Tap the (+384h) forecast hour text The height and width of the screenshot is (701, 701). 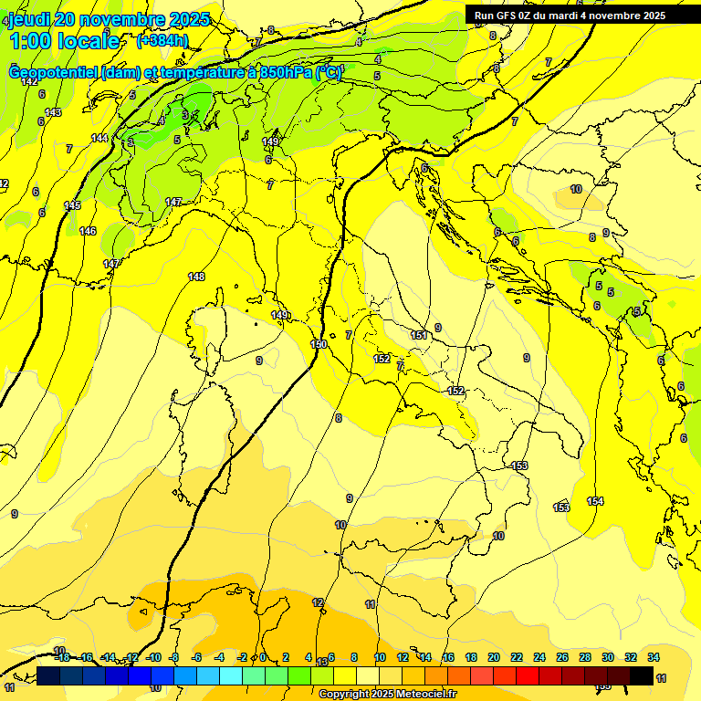tap(162, 40)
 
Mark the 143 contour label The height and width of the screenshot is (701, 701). tap(53, 112)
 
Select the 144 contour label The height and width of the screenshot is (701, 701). tap(99, 138)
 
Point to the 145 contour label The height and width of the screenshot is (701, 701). tap(72, 205)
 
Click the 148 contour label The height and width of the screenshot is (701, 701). tap(196, 277)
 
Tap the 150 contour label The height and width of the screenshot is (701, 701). tap(319, 344)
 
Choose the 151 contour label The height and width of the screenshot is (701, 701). tap(419, 336)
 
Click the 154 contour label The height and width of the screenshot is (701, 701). tap(595, 501)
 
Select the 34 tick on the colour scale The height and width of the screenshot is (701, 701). tap(654, 657)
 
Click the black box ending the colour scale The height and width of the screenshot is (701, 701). tap(641, 675)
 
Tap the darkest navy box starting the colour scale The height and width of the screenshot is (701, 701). tap(48, 675)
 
